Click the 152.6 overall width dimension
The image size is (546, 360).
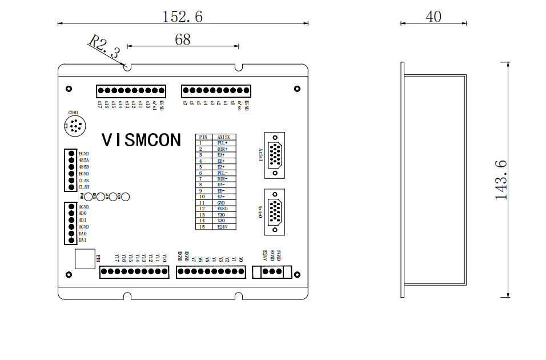click(x=183, y=17)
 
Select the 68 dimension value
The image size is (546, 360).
click(x=183, y=39)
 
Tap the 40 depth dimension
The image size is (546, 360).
click(x=433, y=17)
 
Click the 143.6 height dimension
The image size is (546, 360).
click(x=501, y=179)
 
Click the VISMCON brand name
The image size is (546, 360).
click(x=141, y=140)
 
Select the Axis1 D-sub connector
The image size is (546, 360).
click(x=275, y=155)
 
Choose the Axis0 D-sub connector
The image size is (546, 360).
click(x=275, y=211)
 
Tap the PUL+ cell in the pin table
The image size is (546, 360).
click(x=223, y=143)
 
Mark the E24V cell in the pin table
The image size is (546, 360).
click(x=223, y=227)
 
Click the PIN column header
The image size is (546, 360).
click(x=203, y=137)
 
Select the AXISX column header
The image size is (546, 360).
click(x=223, y=137)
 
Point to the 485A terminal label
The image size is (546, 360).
click(x=83, y=161)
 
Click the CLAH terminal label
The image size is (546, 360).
click(x=83, y=187)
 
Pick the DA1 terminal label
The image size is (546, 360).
click(x=83, y=240)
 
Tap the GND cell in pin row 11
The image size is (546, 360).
click(x=221, y=203)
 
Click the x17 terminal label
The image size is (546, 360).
click(x=100, y=105)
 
